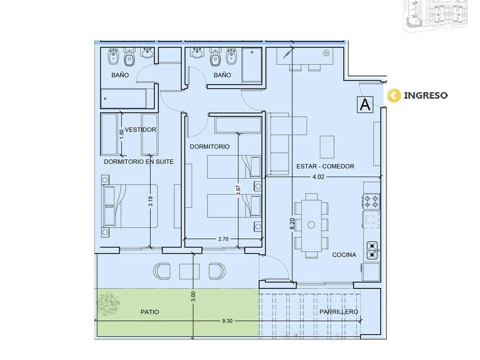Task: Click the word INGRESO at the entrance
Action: pyautogui.click(x=426, y=95)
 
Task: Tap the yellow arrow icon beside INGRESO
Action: pyautogui.click(x=394, y=95)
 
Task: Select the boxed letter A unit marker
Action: pyautogui.click(x=365, y=105)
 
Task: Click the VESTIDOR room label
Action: pyautogui.click(x=141, y=130)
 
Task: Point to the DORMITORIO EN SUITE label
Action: pyautogui.click(x=139, y=162)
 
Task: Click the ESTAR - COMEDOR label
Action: pyautogui.click(x=325, y=166)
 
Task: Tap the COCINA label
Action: pyautogui.click(x=344, y=255)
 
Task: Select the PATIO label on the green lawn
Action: pyautogui.click(x=150, y=312)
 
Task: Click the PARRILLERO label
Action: pyautogui.click(x=339, y=312)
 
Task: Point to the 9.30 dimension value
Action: pyautogui.click(x=227, y=321)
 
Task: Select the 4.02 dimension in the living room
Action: pyautogui.click(x=318, y=177)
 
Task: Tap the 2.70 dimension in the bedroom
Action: pyautogui.click(x=223, y=239)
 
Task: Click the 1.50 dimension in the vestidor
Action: pyautogui.click(x=122, y=134)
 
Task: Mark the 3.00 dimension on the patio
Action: pyautogui.click(x=193, y=297)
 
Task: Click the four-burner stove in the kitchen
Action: pyautogui.click(x=371, y=201)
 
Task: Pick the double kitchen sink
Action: pyautogui.click(x=372, y=250)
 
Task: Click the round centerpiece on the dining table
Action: pyautogui.click(x=311, y=225)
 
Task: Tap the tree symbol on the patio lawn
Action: pyautogui.click(x=109, y=304)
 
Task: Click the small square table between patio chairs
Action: pyautogui.click(x=189, y=271)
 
